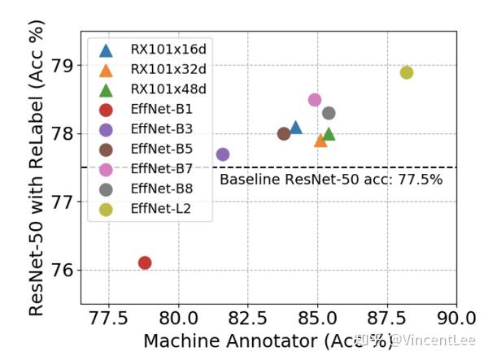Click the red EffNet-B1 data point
point(145,262)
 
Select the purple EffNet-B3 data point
point(223,154)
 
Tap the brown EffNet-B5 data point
point(284,134)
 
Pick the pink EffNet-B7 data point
point(315,100)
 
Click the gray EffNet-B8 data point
point(329,113)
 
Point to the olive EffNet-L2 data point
point(407,72)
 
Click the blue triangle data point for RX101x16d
point(296,128)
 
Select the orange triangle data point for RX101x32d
point(320,141)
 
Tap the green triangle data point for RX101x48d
point(329,134)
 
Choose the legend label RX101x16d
point(168,50)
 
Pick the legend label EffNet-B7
point(160,169)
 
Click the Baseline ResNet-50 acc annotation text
point(331,180)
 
